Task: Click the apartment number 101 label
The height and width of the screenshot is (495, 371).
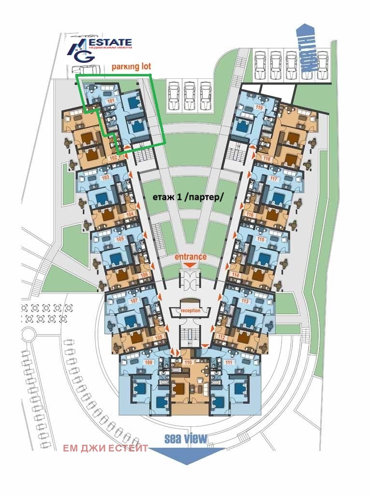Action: tap(111, 101)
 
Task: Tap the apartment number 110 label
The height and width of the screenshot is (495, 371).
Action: tap(188, 362)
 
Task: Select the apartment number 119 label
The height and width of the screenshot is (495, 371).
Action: tap(258, 108)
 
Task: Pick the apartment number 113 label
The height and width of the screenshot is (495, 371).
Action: tap(245, 301)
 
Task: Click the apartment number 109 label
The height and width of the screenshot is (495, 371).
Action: tap(149, 362)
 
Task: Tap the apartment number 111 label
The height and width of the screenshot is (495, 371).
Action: tap(229, 362)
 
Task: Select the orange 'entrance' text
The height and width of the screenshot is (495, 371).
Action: tap(190, 257)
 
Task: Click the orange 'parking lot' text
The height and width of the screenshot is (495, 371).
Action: tap(131, 67)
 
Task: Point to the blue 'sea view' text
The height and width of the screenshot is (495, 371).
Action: tap(185, 438)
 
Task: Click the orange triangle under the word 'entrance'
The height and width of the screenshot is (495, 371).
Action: tap(190, 265)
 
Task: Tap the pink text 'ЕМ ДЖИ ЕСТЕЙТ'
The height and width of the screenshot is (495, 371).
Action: tap(105, 448)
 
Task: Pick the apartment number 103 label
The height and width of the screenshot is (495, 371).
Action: tap(105, 177)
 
